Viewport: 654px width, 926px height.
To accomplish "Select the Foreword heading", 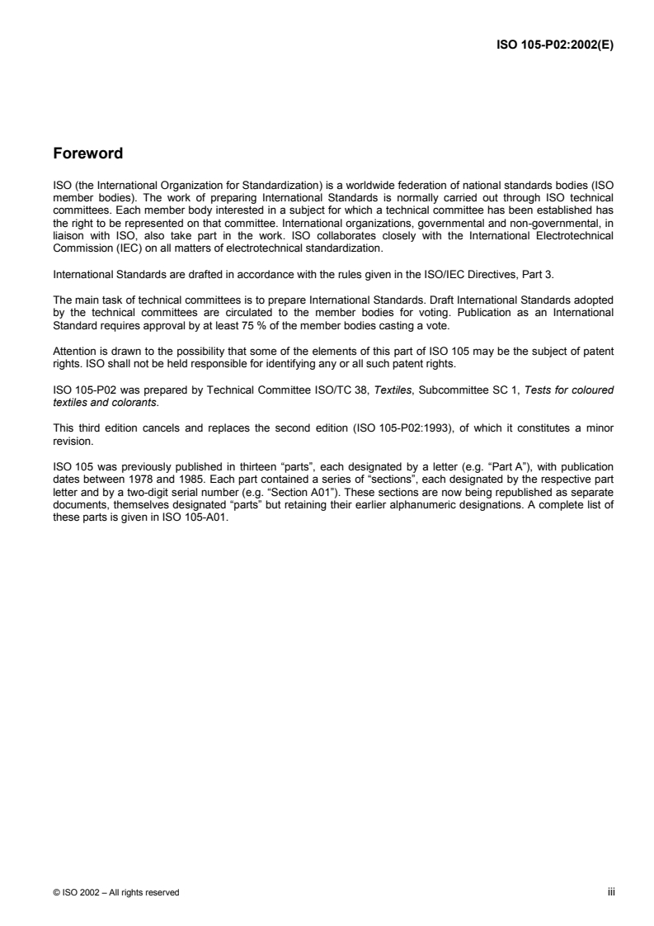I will [88, 154].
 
